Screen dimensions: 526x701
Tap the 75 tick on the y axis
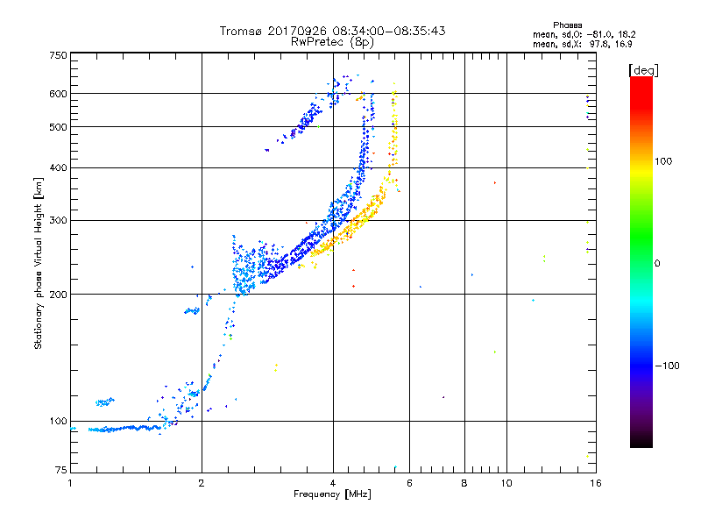[x=60, y=473]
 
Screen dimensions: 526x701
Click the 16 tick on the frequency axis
[x=595, y=483]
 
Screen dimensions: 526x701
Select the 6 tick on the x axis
[x=409, y=483]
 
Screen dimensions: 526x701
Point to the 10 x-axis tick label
[x=505, y=483]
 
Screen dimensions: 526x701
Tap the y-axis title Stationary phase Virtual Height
[x=39, y=263]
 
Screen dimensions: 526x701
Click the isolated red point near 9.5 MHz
[x=494, y=182]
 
